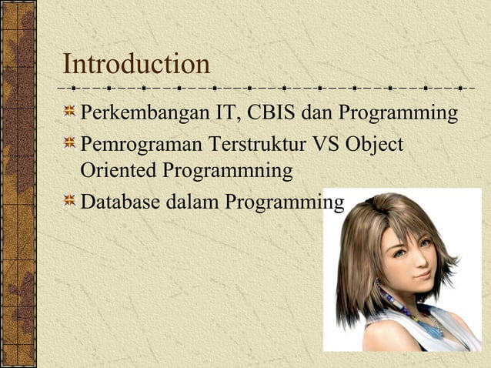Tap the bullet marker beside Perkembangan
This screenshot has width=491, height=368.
point(70,114)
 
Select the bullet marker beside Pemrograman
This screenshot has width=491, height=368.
point(70,143)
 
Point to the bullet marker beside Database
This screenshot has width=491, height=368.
point(70,202)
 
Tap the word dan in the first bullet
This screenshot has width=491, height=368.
point(319,114)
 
